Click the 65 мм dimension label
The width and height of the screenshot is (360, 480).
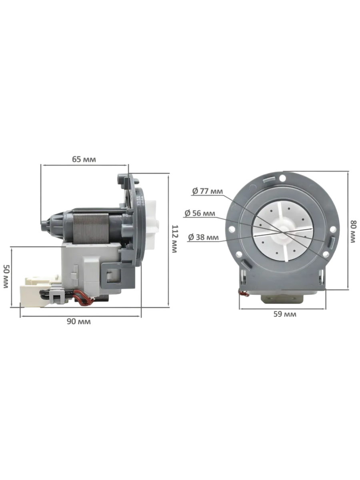(x=84, y=159)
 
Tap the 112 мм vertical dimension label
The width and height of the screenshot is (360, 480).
(x=174, y=239)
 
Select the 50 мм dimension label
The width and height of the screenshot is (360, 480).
(x=6, y=276)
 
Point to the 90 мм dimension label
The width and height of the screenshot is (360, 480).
(x=79, y=321)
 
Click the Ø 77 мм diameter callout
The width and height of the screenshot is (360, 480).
(x=208, y=191)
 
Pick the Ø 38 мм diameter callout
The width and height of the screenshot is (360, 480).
(x=203, y=237)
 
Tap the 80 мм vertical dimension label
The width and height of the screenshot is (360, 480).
(x=353, y=232)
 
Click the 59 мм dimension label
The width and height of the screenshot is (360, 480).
(x=285, y=314)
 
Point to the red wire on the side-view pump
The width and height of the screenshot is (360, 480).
(x=84, y=299)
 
